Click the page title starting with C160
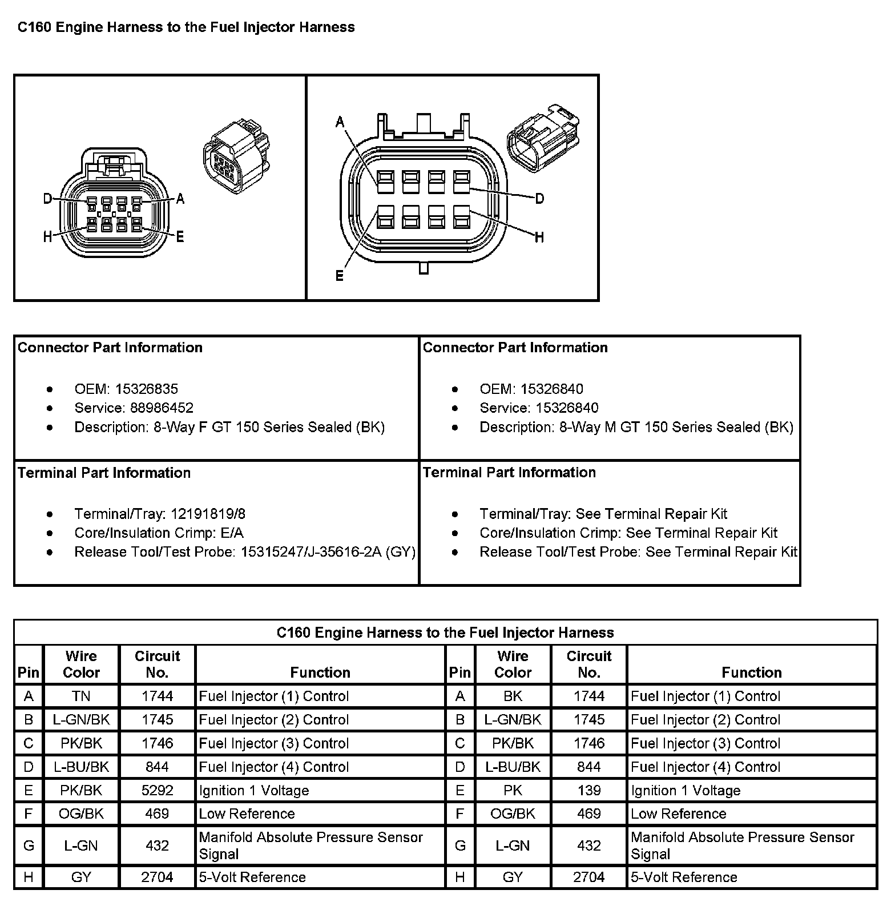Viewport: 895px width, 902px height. click(186, 27)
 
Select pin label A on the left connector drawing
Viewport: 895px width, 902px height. click(180, 199)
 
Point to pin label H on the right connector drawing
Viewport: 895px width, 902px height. click(539, 237)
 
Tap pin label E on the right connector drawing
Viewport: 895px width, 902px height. click(340, 276)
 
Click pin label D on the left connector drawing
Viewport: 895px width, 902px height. click(48, 199)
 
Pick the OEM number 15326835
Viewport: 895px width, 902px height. click(147, 389)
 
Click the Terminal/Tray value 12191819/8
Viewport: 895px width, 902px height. click(208, 514)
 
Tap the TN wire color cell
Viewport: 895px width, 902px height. click(81, 696)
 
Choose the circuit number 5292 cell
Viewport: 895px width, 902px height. click(157, 791)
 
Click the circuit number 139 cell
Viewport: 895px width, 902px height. click(588, 791)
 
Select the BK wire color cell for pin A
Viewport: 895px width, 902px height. click(513, 696)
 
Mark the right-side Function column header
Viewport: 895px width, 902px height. click(751, 673)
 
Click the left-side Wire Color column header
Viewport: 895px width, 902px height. click(81, 665)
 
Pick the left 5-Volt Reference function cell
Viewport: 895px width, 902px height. click(252, 877)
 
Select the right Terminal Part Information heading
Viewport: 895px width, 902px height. click(509, 473)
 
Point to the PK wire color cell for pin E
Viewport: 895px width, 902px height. click(513, 791)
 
